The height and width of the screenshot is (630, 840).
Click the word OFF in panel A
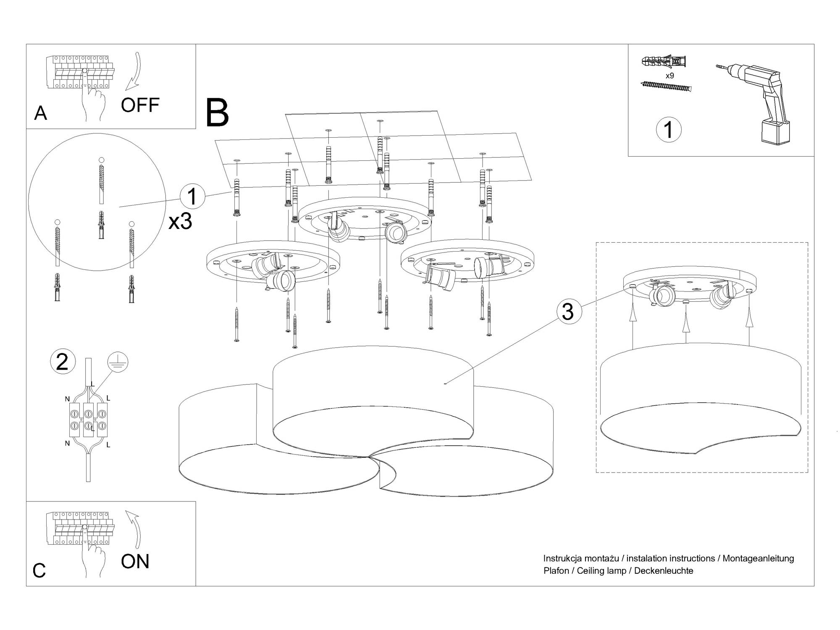(140, 105)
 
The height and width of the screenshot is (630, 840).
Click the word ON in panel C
(135, 562)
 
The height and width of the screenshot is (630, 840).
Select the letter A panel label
(40, 113)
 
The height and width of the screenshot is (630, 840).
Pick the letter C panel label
(39, 570)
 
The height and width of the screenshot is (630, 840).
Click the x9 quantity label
(669, 76)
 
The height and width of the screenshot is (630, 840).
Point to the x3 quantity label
(180, 221)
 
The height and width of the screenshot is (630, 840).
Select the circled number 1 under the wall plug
(668, 129)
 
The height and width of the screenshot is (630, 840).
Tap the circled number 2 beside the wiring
(62, 362)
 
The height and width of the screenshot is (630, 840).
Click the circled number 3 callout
(569, 312)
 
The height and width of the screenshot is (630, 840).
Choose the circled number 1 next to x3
(192, 197)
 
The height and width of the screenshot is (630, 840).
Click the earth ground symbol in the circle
(118, 362)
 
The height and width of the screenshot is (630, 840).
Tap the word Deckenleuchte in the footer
(664, 571)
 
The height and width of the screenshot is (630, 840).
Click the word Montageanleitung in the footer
(758, 559)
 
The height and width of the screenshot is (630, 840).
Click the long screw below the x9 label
(666, 87)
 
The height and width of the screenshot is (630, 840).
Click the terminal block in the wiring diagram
(88, 419)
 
